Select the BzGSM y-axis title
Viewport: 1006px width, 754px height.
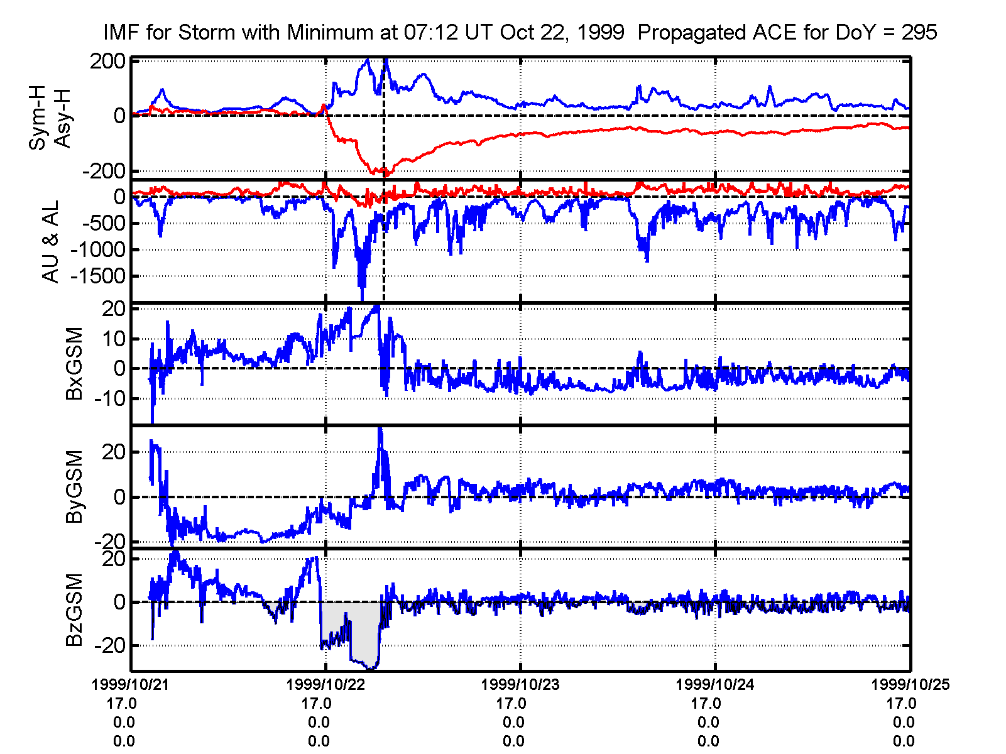[x=75, y=609]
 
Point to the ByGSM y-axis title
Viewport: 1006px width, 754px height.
[x=75, y=486]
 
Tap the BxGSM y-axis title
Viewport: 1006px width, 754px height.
[x=75, y=363]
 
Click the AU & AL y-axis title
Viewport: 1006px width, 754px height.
[x=50, y=241]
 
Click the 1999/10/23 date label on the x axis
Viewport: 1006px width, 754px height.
[x=520, y=685]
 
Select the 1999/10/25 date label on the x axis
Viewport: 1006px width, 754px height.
[x=910, y=685]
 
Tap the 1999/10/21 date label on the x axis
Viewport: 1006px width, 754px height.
[x=131, y=685]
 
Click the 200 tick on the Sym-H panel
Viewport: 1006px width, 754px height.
[x=107, y=62]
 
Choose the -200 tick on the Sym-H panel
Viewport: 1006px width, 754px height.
[x=102, y=171]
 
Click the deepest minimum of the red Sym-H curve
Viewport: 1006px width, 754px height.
[x=386, y=175]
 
